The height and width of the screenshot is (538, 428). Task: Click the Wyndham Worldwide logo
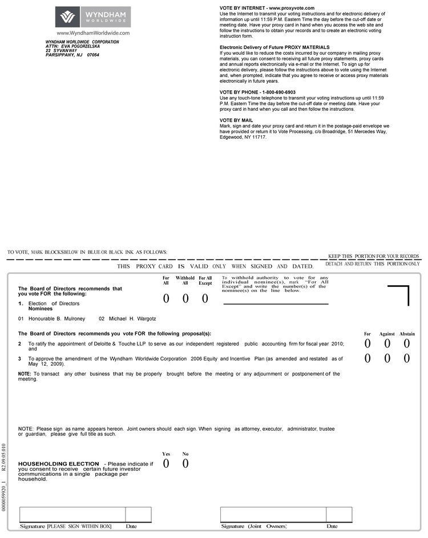click(x=93, y=17)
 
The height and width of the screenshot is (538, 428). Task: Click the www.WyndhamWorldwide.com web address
click(x=93, y=34)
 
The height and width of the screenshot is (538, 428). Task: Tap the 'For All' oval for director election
click(x=166, y=298)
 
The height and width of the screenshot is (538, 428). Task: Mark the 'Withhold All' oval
click(x=185, y=298)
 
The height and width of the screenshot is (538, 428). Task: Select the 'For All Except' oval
click(x=205, y=298)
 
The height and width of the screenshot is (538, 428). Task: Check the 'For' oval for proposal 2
click(x=368, y=343)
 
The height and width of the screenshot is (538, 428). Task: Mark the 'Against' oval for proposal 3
click(x=387, y=358)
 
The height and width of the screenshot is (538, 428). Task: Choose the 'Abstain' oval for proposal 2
click(x=407, y=343)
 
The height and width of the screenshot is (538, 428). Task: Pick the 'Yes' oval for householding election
click(x=166, y=463)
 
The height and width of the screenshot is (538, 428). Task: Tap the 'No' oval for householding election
click(x=185, y=463)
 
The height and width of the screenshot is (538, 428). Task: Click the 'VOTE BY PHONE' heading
click(x=257, y=92)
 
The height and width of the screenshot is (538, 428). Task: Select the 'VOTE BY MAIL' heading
click(x=236, y=120)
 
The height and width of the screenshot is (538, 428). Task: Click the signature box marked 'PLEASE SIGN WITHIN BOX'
click(x=72, y=514)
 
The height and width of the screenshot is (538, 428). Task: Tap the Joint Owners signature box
click(x=273, y=514)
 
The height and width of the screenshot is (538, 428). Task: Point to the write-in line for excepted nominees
click(x=276, y=304)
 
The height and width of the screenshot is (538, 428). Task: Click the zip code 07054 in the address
click(x=93, y=55)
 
